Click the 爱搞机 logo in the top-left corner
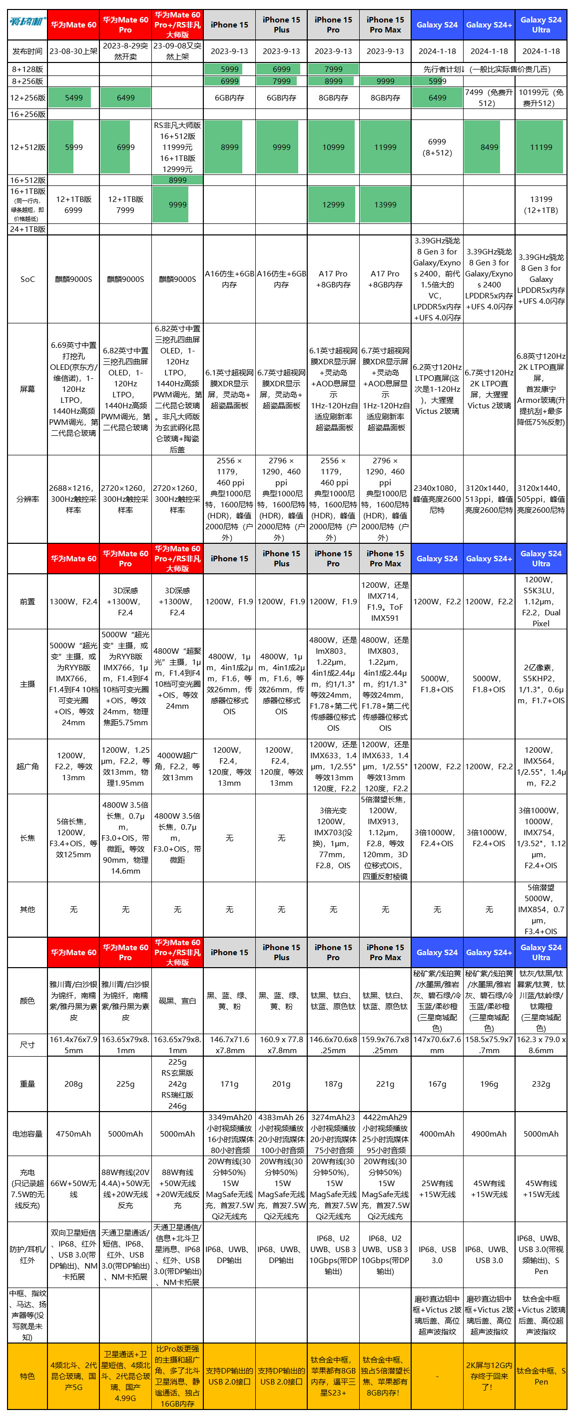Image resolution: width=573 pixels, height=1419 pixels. point(27,22)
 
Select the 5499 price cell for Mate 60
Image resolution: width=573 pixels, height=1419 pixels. point(74,97)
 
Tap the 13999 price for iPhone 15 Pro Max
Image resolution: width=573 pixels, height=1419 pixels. point(385,204)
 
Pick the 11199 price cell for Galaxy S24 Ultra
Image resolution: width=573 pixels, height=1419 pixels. point(541,147)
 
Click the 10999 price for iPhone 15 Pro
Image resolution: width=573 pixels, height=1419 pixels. point(334,147)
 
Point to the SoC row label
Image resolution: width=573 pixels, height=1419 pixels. point(27,279)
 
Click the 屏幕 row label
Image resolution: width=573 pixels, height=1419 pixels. point(27,389)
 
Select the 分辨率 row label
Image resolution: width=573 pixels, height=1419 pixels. point(27,499)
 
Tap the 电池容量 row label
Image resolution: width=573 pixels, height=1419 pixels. point(27,1134)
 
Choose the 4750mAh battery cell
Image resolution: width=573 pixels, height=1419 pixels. point(74,1134)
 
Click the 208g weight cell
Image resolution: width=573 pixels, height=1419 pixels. point(74,1084)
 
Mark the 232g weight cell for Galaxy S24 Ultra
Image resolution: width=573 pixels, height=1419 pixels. point(541,1084)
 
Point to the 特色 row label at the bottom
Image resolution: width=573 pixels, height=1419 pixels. point(27,1376)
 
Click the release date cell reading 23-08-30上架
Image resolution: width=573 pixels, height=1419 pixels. point(74,51)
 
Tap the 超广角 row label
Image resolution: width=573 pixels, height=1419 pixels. point(27,766)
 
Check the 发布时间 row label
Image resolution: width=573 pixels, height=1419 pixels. point(27,51)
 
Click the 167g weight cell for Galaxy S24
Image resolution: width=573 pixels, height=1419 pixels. point(438,1084)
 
